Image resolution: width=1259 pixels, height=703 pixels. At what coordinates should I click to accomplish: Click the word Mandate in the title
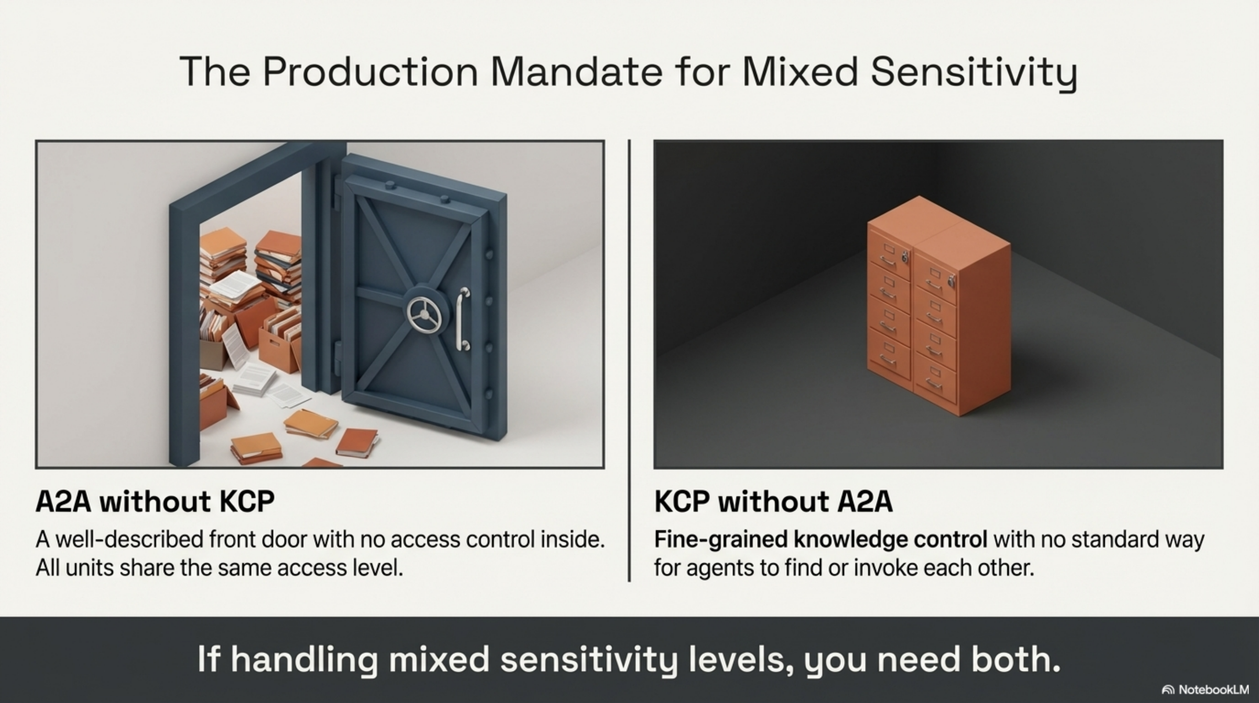point(576,72)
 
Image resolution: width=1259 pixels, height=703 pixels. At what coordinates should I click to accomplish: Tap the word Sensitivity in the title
point(973,72)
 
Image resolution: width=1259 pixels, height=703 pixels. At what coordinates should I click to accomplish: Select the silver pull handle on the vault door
point(462,319)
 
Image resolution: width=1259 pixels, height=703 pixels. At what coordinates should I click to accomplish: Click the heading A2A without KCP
point(155,502)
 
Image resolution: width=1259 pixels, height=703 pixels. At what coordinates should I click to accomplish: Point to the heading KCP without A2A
point(773,502)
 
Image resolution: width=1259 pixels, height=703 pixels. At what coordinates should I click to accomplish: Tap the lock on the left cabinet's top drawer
point(905,257)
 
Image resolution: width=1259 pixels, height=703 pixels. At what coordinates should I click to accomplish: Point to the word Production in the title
point(370,72)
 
